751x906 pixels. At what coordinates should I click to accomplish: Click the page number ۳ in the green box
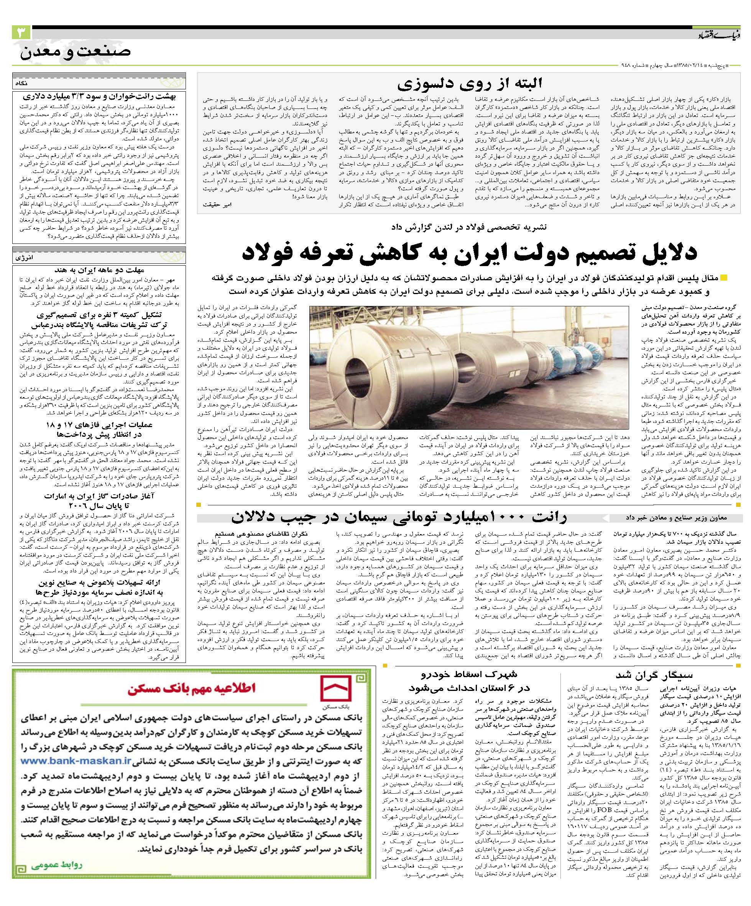tap(21, 33)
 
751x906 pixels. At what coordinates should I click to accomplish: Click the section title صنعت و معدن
tap(76, 52)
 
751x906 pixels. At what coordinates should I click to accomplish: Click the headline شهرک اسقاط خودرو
tap(470, 674)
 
